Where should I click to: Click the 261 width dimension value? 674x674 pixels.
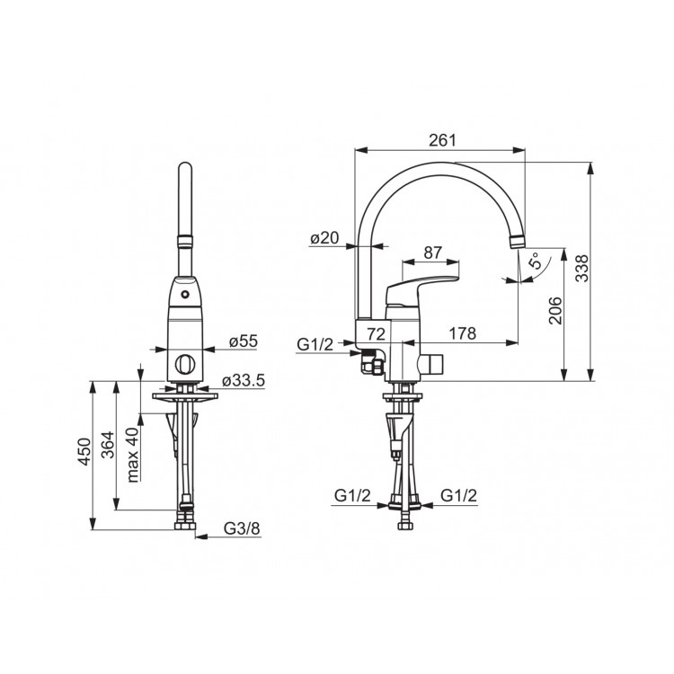tap(442, 140)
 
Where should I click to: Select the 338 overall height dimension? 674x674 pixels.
tap(582, 268)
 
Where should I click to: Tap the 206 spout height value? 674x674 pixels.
tap(555, 310)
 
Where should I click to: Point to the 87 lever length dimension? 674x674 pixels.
tap(432, 253)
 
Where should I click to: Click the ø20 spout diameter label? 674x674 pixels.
tap(324, 237)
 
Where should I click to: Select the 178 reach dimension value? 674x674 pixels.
tap(463, 333)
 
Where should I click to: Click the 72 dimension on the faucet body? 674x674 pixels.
tap(374, 333)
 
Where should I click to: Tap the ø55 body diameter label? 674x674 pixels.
tap(244, 341)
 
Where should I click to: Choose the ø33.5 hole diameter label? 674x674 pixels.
tap(244, 380)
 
